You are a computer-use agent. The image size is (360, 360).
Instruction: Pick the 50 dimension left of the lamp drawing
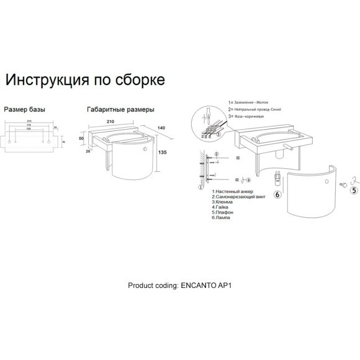81,137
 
